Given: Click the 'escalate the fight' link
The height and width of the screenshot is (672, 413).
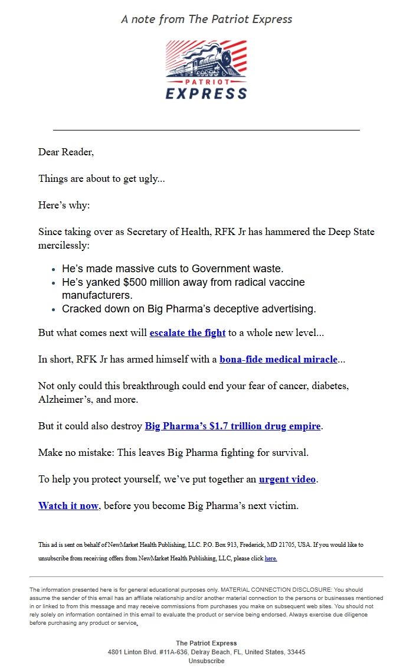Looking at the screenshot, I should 188,333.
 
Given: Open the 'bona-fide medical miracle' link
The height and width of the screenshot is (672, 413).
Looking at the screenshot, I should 278,360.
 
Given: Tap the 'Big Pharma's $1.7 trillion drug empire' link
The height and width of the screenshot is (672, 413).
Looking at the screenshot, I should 232,426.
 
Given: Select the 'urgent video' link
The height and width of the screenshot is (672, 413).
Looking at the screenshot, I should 287,479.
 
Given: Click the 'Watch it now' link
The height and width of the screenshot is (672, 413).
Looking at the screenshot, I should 68,506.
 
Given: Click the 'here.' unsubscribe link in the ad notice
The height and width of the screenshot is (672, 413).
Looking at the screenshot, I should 271,558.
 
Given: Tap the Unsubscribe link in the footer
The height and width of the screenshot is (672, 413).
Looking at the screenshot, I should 206,661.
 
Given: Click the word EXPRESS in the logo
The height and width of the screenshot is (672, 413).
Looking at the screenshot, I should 206,93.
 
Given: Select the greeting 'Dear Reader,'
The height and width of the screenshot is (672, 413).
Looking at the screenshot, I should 66,152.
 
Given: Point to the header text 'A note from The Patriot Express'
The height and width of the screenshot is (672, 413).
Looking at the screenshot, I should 206,19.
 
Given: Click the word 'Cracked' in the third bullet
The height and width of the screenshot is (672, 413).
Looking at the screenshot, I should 83,309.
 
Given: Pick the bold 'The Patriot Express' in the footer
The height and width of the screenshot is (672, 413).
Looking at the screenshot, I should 206,643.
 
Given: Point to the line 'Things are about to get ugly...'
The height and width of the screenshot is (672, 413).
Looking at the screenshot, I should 101,178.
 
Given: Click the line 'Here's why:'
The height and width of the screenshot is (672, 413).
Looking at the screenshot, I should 64,205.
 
